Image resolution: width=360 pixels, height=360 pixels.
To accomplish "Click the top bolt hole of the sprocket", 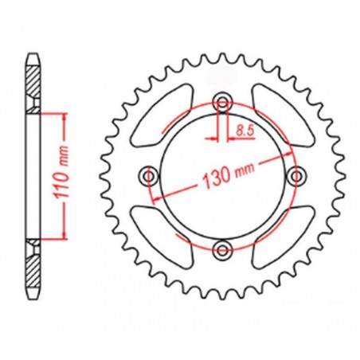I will pos(222,102).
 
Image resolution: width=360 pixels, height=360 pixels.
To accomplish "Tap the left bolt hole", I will pos(148,175).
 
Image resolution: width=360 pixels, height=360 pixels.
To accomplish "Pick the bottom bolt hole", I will pos(222,248).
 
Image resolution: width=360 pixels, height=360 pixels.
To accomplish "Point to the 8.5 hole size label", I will pos(245,126).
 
